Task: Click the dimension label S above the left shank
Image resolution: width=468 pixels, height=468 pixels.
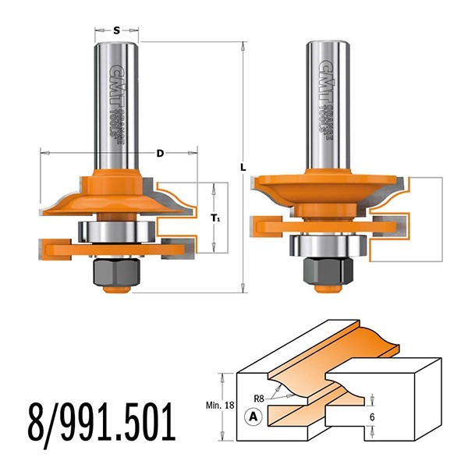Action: coord(116,30)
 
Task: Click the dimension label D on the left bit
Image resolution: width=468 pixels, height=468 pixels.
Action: coord(160,153)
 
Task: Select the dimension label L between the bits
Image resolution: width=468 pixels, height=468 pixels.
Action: coord(243,167)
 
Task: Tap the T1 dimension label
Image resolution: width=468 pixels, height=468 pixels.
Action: coord(217,220)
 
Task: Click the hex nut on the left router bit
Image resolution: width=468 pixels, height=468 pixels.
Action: coord(117,271)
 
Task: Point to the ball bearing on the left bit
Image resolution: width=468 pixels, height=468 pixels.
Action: coord(117,231)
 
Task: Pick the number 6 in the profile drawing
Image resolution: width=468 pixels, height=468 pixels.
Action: coord(375,419)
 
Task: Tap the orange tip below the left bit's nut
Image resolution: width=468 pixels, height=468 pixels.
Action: coord(117,291)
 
